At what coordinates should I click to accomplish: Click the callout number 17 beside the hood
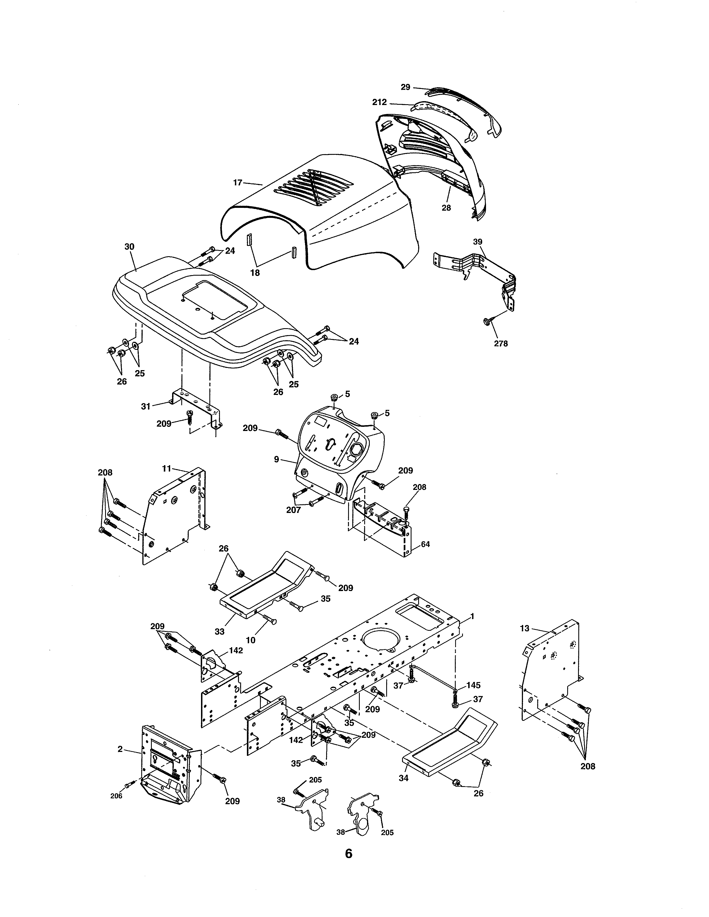click(x=238, y=183)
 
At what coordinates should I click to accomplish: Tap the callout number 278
click(x=501, y=343)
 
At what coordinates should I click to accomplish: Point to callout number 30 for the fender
click(x=129, y=246)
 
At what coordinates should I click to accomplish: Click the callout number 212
click(x=379, y=102)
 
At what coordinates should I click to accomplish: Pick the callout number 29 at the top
click(x=405, y=87)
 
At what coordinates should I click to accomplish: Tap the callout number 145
click(x=474, y=685)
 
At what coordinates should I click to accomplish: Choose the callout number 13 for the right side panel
click(x=525, y=629)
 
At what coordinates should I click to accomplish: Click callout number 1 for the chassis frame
click(x=472, y=616)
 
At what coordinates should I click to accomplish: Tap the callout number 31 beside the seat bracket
click(x=145, y=407)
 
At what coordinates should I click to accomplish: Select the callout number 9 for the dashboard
click(x=276, y=459)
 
